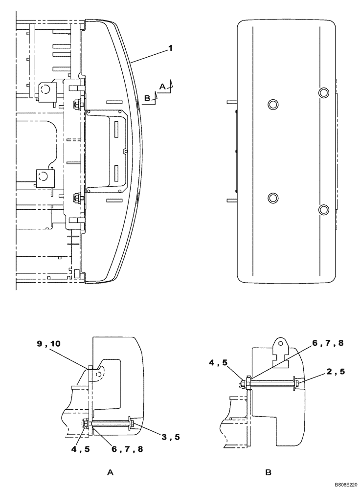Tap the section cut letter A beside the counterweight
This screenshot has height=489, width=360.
(x=162, y=86)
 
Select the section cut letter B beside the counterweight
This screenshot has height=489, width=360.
(x=147, y=98)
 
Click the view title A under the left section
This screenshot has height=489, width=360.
(x=111, y=472)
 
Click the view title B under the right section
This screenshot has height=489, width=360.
(x=268, y=472)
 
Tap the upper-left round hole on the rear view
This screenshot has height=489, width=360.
(x=272, y=104)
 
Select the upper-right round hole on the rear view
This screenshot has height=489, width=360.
(x=324, y=92)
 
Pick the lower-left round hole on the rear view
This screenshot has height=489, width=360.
(x=272, y=197)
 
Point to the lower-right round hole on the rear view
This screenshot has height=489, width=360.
(x=324, y=209)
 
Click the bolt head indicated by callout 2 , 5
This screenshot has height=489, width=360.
(x=294, y=383)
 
